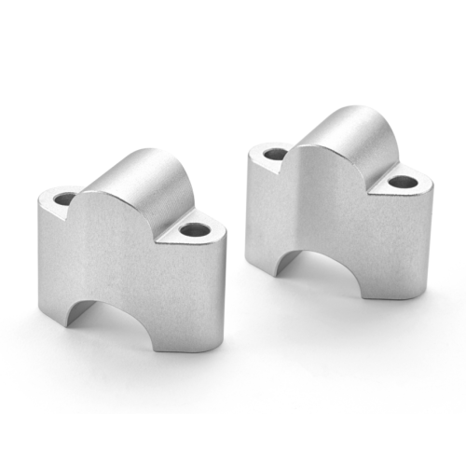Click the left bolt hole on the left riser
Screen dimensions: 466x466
pos(65,199)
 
